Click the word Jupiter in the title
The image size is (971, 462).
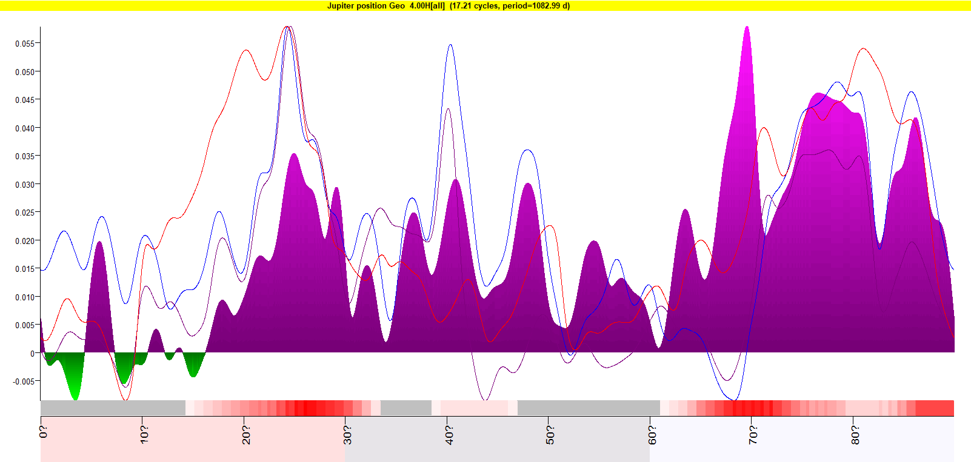341,6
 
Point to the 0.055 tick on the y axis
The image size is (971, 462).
25,44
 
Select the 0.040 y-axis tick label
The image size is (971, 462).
25,128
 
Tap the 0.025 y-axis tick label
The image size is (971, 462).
25,213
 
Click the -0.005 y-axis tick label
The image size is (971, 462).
24,381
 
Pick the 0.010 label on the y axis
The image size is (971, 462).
25,297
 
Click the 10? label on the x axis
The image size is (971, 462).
144,434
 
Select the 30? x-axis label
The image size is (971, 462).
347,434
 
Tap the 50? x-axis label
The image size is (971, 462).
550,434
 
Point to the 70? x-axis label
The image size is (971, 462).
753,434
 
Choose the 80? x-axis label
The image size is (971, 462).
855,434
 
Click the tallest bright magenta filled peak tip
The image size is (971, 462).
747,27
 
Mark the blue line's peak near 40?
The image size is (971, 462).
450,45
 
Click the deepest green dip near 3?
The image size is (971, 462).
75,398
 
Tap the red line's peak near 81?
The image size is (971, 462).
863,49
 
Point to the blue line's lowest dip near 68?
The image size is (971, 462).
734,400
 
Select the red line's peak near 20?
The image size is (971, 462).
245,50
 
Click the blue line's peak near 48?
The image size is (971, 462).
528,150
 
